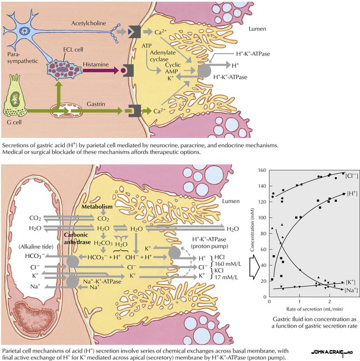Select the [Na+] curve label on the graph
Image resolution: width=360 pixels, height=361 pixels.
pyautogui.click(x=350, y=290)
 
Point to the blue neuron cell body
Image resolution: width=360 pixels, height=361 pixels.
pyautogui.click(x=25, y=30)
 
